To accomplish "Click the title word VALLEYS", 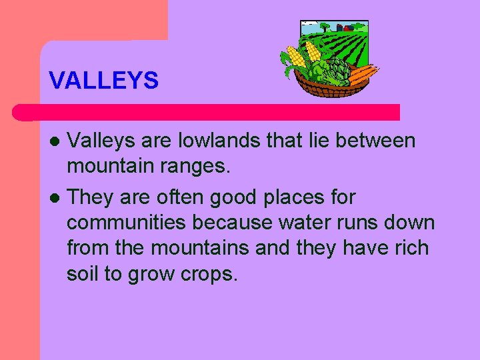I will pyautogui.click(x=104, y=81).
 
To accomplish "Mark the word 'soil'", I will pyautogui.click(x=85, y=273).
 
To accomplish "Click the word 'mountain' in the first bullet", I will pyautogui.click(x=111, y=167).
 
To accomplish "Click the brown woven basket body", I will pyautogui.click(x=327, y=89).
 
